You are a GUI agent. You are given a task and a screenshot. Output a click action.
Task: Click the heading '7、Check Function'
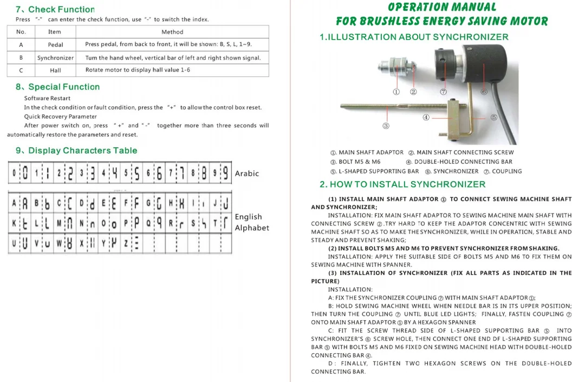point(55,9)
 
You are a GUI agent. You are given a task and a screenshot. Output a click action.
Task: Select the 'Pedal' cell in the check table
point(55,45)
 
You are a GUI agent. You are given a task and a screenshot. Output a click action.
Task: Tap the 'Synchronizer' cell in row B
point(55,57)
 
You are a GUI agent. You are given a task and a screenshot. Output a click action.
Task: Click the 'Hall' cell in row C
point(55,70)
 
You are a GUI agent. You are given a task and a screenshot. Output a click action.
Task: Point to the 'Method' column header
point(172,32)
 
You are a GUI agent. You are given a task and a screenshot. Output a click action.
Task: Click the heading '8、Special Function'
point(57,87)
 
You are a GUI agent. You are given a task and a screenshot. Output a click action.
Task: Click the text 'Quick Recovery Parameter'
point(60,116)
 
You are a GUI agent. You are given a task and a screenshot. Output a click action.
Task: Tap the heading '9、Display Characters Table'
point(76,151)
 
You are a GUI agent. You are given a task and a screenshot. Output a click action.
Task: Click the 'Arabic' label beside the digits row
point(246,173)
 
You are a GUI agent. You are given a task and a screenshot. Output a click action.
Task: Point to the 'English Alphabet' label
point(252,222)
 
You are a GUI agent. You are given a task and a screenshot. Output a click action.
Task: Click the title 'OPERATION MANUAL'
point(441,8)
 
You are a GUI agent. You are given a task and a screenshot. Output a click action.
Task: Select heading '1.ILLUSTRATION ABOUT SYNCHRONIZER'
point(414,37)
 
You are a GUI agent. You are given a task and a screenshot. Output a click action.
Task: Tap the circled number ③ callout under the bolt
point(386,126)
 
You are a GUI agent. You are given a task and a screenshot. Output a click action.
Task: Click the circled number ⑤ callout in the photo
point(493,117)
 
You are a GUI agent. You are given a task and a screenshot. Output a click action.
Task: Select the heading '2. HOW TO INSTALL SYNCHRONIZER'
point(402,184)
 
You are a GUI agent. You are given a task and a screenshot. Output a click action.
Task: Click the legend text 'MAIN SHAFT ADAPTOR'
point(371,152)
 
